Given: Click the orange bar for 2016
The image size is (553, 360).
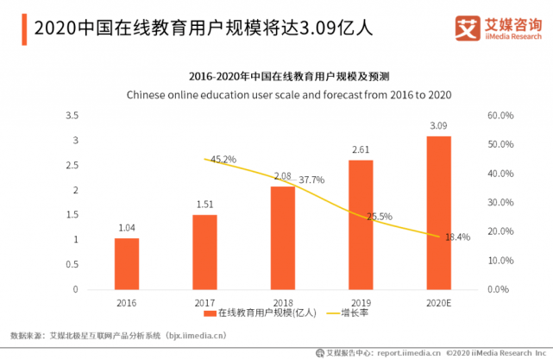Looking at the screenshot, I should [127, 263].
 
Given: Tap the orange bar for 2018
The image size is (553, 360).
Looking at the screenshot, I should [282, 237].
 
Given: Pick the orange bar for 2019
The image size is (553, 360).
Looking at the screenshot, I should [361, 224].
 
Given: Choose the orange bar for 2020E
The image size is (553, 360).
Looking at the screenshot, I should [438, 212].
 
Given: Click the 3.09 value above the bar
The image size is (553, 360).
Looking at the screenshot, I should [438, 126].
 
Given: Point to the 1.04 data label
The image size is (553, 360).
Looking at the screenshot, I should [127, 228].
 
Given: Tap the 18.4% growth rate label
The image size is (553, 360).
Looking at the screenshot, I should [457, 237].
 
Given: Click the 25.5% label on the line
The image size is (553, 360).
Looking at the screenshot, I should [380, 217].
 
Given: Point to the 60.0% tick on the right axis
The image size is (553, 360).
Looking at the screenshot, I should [500, 115].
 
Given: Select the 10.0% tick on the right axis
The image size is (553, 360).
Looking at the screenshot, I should [500, 260].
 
